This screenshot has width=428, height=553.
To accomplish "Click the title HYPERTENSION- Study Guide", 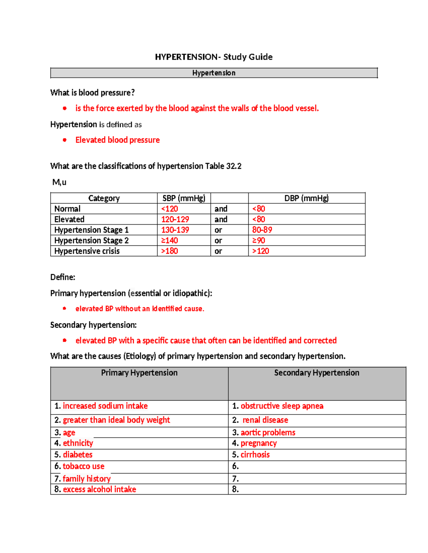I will coord(214,57).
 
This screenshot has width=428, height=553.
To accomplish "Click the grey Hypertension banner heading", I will coord(214,73).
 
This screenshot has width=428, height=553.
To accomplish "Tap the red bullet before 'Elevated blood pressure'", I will coord(65,140).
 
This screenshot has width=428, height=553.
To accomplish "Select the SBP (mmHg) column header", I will coord(184,198).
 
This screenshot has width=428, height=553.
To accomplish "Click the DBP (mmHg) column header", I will coord(306,198).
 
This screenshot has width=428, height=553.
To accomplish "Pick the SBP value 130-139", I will coord(175,230).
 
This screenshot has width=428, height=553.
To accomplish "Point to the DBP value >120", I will coord(261,251).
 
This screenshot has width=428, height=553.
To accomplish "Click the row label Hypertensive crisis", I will coord(87,251).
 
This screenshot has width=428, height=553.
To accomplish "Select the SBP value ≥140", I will coord(169,241).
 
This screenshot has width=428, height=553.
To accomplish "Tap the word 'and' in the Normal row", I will coord(221,209).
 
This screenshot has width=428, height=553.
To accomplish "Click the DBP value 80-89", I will coord(262,230).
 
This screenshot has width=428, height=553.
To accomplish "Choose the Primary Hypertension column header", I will coord(139,373).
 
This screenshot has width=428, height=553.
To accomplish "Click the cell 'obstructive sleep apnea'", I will coord(282,406).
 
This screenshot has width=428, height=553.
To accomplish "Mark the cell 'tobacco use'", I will coord(83,466).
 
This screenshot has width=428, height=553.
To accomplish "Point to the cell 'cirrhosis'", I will coord(255,455).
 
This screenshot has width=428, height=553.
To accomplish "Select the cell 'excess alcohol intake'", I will coord(100,490).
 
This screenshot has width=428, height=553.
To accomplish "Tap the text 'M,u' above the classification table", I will coord(59,182).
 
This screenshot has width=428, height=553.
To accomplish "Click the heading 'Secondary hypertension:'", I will coord(93,325).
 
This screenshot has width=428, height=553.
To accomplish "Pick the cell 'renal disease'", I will coord(265,420).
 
